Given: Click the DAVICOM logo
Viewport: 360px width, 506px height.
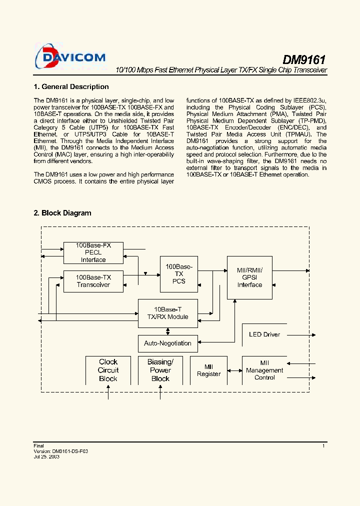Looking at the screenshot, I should [x=70, y=56].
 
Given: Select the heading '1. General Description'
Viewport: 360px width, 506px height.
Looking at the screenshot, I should [x=71, y=86].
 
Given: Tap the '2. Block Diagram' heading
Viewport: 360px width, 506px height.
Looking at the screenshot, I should [x=62, y=213].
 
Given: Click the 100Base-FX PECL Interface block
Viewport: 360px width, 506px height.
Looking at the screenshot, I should [x=93, y=252].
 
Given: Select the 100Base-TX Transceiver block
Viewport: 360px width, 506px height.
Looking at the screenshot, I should [x=93, y=281].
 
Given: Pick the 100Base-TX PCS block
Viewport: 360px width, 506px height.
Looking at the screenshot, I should [x=178, y=274].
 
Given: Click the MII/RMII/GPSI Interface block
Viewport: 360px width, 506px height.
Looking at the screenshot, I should [x=249, y=277].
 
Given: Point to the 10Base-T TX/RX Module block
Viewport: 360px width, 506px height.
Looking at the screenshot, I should [x=167, y=313].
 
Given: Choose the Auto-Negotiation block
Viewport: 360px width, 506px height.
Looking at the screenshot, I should [x=167, y=343].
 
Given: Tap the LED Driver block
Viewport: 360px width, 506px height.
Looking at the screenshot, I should [x=264, y=334].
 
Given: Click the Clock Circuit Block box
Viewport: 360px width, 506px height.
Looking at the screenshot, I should [x=108, y=370].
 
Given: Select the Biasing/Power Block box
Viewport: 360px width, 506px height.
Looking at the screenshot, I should [x=160, y=370].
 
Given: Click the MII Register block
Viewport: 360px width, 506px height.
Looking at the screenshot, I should [x=208, y=370].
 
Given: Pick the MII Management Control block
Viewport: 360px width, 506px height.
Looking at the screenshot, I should [x=264, y=370].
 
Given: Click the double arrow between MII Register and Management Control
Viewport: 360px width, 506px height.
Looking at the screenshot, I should [x=234, y=370].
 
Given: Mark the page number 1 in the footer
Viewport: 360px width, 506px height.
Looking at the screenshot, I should [x=323, y=446].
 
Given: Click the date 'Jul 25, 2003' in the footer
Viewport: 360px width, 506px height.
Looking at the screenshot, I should [x=46, y=457].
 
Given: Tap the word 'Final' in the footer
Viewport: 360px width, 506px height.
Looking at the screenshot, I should [x=38, y=446].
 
